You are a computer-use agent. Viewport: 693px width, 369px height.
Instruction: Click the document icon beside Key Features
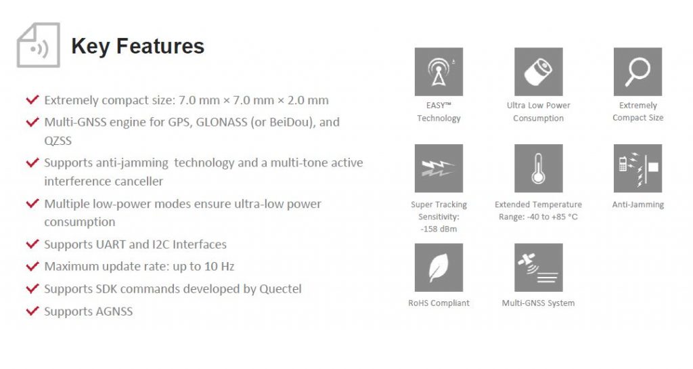click(38, 45)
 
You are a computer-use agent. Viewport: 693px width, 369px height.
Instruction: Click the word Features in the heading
click(160, 46)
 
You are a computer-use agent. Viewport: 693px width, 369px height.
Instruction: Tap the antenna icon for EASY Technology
click(439, 72)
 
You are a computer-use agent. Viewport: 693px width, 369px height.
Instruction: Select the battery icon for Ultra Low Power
click(538, 72)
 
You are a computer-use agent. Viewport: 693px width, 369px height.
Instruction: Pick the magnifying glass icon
click(638, 72)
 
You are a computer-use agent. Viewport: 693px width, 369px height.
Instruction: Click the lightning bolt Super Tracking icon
click(439, 169)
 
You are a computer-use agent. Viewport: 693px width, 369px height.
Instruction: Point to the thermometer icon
click(538, 169)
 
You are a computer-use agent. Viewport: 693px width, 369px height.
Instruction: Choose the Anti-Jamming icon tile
click(638, 169)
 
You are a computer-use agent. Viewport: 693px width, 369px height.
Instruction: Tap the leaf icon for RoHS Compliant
click(439, 267)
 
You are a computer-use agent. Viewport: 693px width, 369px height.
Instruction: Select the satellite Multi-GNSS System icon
click(538, 267)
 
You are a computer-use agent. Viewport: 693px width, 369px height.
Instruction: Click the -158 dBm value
click(439, 229)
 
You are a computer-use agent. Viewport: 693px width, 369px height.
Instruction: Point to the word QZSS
click(58, 141)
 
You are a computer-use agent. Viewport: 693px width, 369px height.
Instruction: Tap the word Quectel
click(280, 289)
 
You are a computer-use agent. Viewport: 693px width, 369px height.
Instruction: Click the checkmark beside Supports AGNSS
click(32, 311)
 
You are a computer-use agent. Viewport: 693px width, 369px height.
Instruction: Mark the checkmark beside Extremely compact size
click(32, 100)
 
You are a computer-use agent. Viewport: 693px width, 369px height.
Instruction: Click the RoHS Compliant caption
click(439, 303)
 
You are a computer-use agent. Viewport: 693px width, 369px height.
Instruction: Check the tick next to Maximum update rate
click(32, 266)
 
